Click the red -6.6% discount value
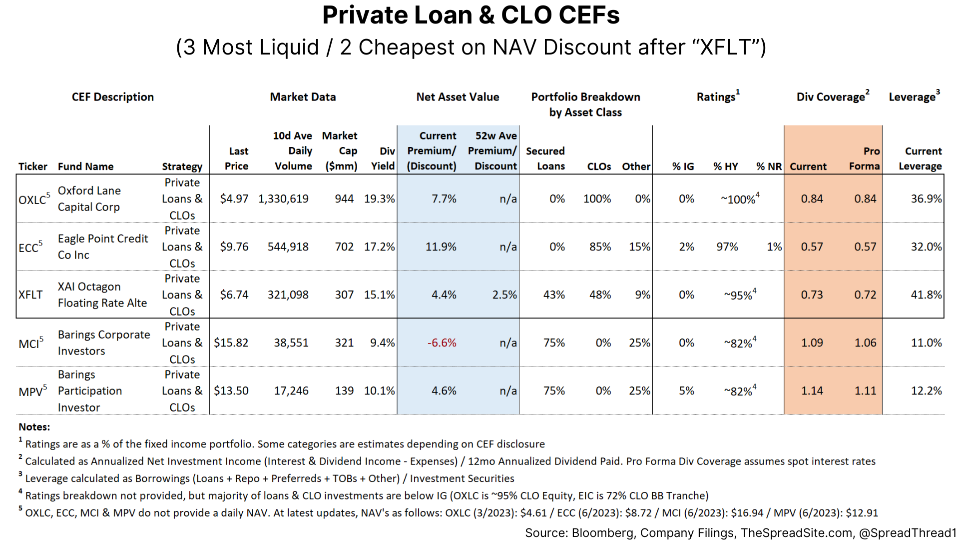[442, 343]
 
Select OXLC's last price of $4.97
[234, 199]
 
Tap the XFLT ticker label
[30, 295]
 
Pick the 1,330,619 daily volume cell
[283, 199]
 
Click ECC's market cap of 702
[344, 247]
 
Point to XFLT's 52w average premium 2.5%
[504, 295]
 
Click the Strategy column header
[182, 166]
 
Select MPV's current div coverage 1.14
[812, 391]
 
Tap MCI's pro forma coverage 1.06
[865, 343]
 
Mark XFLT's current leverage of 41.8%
[926, 295]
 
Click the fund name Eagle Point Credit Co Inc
[102, 246]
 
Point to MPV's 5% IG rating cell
[686, 391]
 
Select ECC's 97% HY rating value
[727, 247]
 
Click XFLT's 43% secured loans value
[554, 295]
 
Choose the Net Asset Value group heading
[458, 97]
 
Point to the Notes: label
[34, 427]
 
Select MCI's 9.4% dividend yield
[382, 343]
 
